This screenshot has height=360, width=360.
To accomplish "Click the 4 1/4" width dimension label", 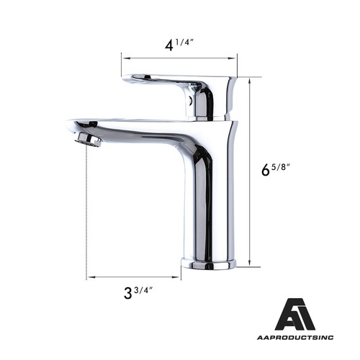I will pyautogui.click(x=179, y=45).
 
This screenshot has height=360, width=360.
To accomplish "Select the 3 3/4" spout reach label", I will pyautogui.click(x=138, y=292).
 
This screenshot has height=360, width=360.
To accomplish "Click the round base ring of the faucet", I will pyautogui.click(x=208, y=264).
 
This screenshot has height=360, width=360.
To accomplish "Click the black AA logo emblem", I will pyautogui.click(x=294, y=315).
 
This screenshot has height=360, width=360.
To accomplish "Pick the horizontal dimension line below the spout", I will pyautogui.click(x=133, y=276).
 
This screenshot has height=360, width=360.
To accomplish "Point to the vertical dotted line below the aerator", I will pyautogui.click(x=87, y=209).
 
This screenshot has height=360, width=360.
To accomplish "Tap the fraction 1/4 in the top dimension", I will pyautogui.click(x=186, y=42).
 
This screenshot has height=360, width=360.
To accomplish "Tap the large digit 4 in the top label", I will pyautogui.click(x=170, y=45).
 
